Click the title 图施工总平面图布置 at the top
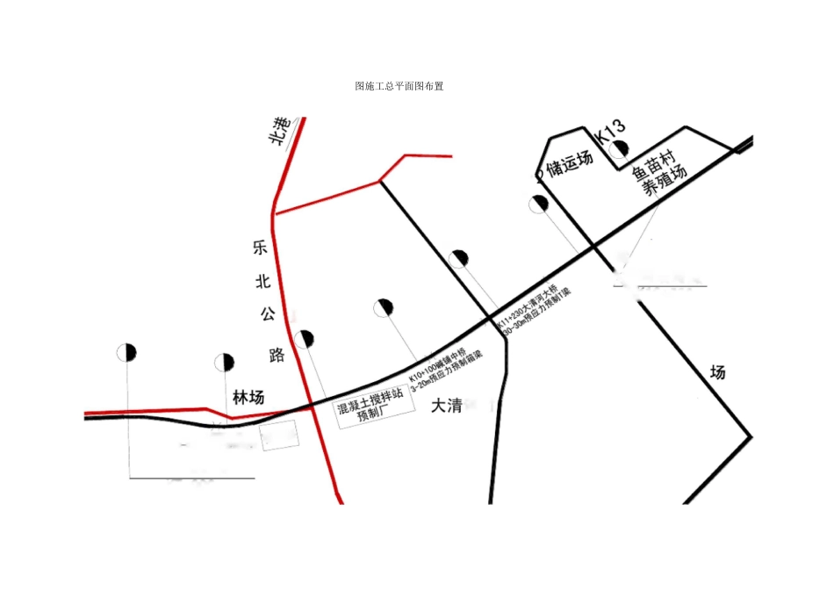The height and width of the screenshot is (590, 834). [399, 87]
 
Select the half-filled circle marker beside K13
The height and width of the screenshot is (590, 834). [620, 149]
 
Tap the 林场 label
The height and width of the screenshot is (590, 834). [248, 398]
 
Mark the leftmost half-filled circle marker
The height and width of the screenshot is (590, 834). [126, 352]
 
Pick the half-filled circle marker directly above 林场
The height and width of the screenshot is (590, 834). [224, 362]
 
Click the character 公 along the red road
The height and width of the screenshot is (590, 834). [266, 313]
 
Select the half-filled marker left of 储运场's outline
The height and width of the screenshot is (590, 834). [538, 205]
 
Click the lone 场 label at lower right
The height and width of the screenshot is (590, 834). [718, 372]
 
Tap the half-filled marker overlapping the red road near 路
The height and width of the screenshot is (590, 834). [304, 339]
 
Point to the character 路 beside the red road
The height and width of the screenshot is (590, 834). [277, 355]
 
